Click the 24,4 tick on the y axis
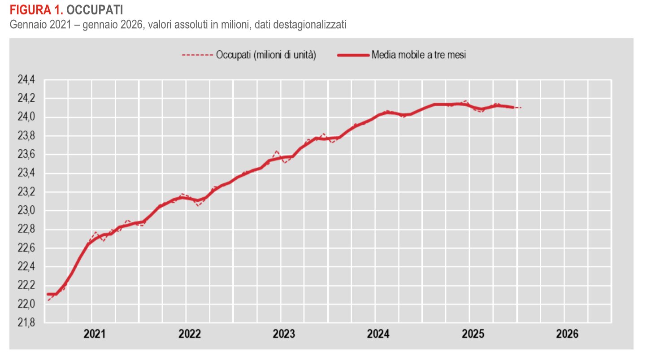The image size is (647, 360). click(x=26, y=80)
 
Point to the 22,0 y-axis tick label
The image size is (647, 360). click(x=26, y=304)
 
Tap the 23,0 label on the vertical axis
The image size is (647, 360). click(x=26, y=211)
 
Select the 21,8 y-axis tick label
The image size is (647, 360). click(x=26, y=323)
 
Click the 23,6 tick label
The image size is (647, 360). click(x=26, y=155)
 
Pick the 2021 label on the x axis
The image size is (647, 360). click(x=95, y=334)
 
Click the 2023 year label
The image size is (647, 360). click(x=284, y=334)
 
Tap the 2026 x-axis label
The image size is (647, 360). click(x=567, y=334)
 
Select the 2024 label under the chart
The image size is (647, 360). click(x=378, y=334)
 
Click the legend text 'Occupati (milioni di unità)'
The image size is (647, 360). click(x=266, y=55)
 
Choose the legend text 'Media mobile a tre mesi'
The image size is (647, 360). click(x=419, y=55)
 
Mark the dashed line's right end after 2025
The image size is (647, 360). click(x=521, y=108)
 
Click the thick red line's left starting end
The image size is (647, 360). click(x=48, y=294)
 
